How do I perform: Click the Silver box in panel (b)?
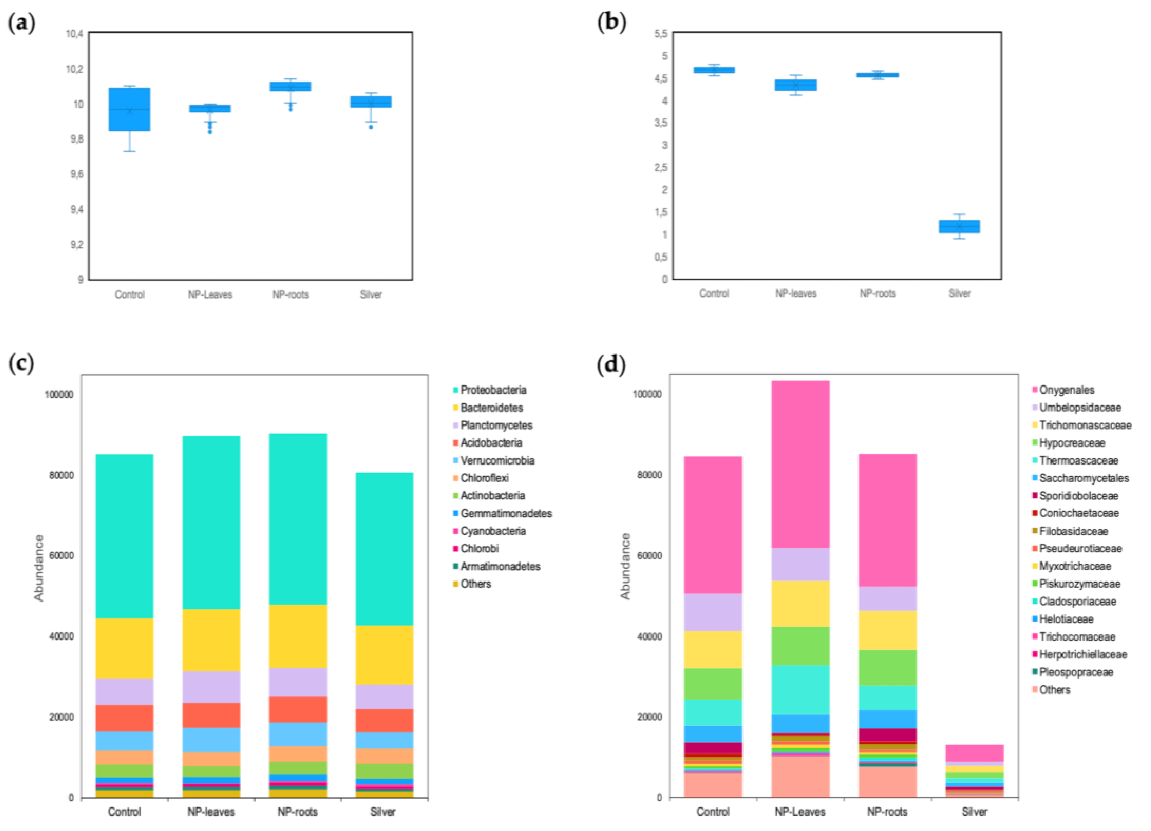click(959, 226)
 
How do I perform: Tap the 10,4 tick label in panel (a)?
click(74, 34)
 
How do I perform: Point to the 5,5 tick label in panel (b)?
click(661, 34)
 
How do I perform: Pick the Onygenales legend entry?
click(1066, 390)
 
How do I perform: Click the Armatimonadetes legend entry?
click(500, 566)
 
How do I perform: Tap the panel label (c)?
click(21, 363)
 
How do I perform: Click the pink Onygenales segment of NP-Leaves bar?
click(800, 464)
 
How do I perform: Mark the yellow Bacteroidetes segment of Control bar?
click(124, 648)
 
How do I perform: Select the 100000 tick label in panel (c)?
click(59, 395)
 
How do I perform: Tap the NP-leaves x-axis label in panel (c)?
click(211, 812)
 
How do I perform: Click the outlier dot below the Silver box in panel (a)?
click(371, 127)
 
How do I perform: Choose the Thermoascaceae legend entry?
click(1078, 461)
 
